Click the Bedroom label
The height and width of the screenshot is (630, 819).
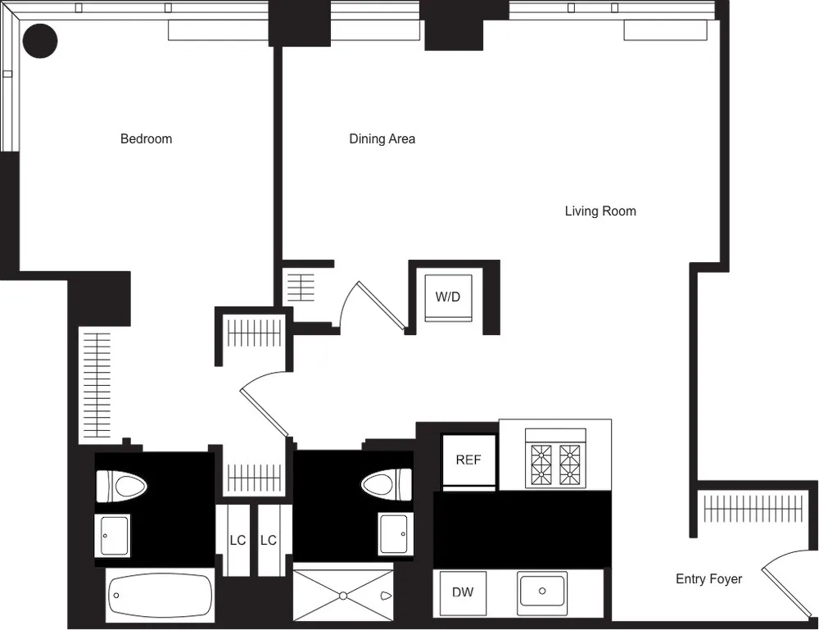click(x=146, y=138)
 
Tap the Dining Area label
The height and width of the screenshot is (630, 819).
click(x=382, y=138)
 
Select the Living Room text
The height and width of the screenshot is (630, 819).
click(x=600, y=211)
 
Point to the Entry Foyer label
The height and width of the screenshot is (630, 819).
click(x=708, y=579)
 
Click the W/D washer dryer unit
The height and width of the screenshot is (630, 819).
click(x=448, y=297)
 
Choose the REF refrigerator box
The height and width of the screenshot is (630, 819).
click(x=468, y=460)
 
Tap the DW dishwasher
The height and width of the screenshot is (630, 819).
click(x=463, y=592)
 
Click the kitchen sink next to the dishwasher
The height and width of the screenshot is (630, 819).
click(x=541, y=590)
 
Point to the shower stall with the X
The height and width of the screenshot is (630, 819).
click(x=343, y=594)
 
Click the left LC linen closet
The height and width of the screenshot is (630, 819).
click(x=238, y=541)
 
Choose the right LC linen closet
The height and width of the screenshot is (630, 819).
click(x=269, y=541)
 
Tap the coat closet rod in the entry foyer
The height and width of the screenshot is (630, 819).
click(x=749, y=510)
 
